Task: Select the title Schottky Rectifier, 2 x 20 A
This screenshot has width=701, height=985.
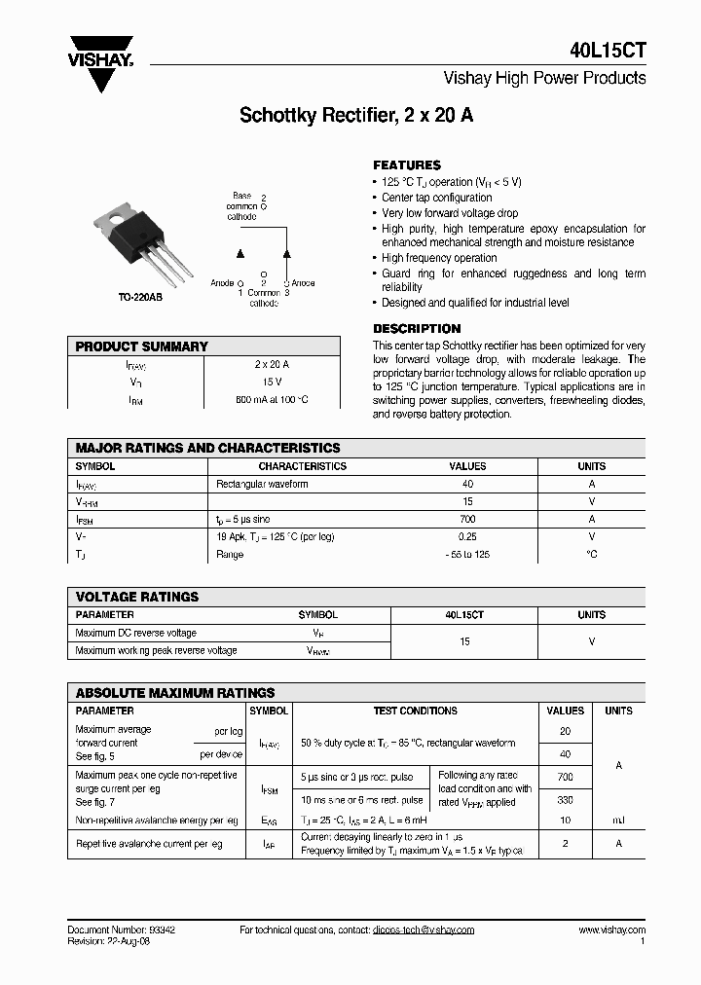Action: [356, 116]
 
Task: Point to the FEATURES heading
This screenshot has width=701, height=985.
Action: [407, 165]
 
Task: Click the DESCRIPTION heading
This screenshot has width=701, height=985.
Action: [417, 329]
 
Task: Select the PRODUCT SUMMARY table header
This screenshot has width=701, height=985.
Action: [142, 347]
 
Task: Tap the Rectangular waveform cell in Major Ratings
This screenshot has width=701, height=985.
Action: [262, 484]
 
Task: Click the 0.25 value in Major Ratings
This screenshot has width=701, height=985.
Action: [466, 536]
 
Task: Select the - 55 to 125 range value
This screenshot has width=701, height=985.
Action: [466, 554]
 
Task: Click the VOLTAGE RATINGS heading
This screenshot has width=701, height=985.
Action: [137, 597]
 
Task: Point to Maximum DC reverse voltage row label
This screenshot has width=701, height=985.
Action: [136, 633]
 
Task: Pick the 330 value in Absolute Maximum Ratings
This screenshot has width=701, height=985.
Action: [565, 799]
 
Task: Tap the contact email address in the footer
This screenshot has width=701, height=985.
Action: [423, 930]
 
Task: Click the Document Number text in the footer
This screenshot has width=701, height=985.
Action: [122, 930]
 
